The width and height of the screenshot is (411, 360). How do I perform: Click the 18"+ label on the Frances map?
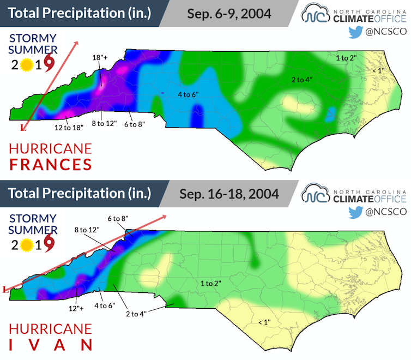99,57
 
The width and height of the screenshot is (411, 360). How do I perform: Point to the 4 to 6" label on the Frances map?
189,95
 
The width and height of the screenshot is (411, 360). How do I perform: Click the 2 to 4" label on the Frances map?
301,80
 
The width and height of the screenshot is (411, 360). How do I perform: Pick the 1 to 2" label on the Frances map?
346,57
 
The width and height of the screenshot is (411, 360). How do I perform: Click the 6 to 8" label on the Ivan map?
117,219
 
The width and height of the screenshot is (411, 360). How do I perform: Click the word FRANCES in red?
50,164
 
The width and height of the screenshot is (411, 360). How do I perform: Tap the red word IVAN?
50,344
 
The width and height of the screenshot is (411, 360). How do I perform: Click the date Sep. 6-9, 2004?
229,13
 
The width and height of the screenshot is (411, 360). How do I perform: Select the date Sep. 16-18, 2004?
233,194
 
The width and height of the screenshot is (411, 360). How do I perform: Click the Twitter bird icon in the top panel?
355,32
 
